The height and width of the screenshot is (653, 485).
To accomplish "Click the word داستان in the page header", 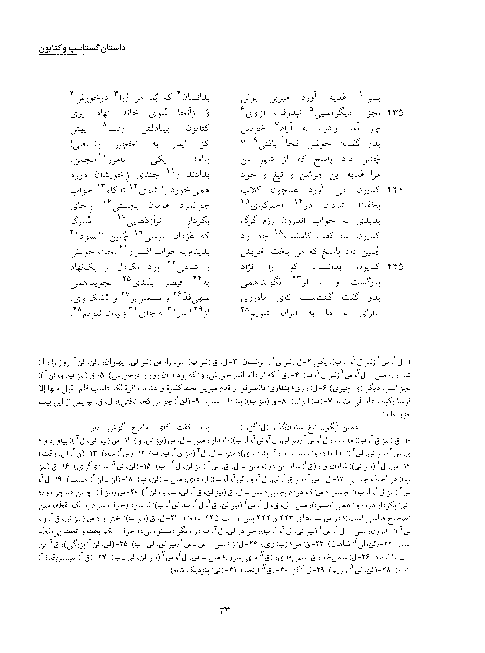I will [x=113, y=48].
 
